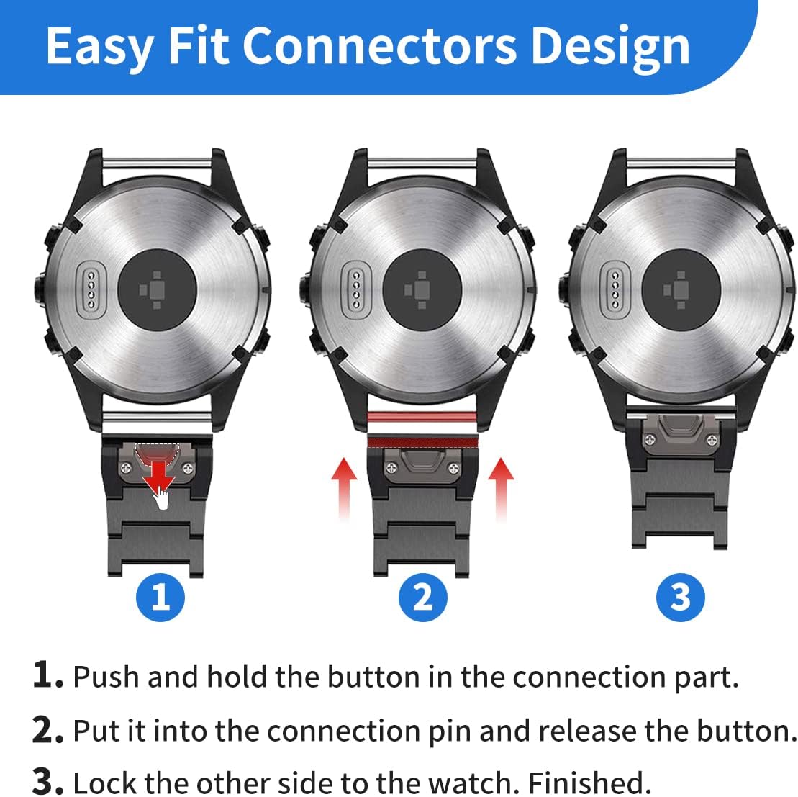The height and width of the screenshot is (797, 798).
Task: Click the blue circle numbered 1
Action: pos(160,597)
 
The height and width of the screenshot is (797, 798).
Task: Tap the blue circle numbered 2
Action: pos(422,597)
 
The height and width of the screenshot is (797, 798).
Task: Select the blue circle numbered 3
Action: pos(680,597)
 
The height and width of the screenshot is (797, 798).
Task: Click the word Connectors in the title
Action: pos(379,46)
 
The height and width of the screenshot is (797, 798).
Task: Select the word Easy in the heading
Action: pos(100,46)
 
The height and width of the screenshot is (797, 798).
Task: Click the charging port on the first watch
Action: pos(91,287)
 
